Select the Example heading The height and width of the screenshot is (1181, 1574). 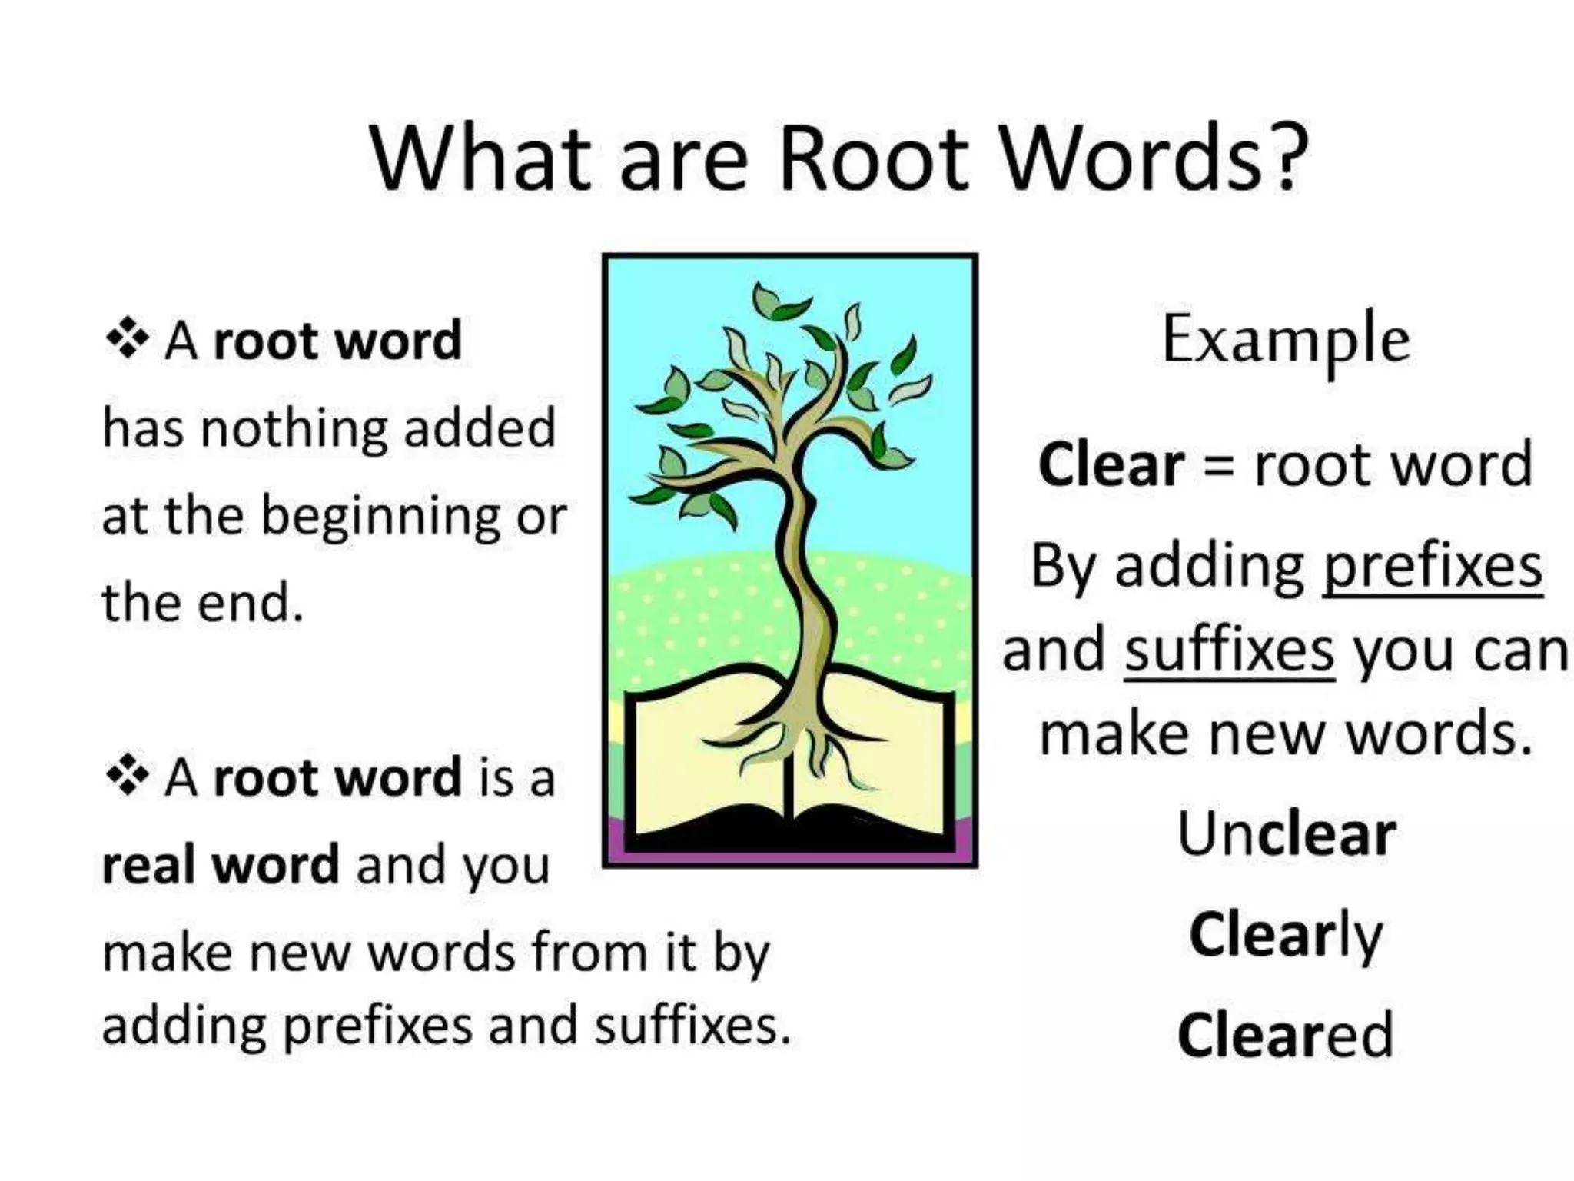click(x=1286, y=340)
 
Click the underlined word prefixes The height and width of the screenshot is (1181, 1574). click(x=1432, y=567)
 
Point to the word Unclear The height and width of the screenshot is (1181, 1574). click(x=1286, y=834)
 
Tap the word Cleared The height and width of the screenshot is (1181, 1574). click(x=1286, y=1035)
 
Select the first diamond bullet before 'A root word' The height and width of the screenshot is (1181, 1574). click(x=127, y=339)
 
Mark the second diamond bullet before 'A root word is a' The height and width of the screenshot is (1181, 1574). click(x=127, y=777)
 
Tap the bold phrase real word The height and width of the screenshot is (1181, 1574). click(x=221, y=865)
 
